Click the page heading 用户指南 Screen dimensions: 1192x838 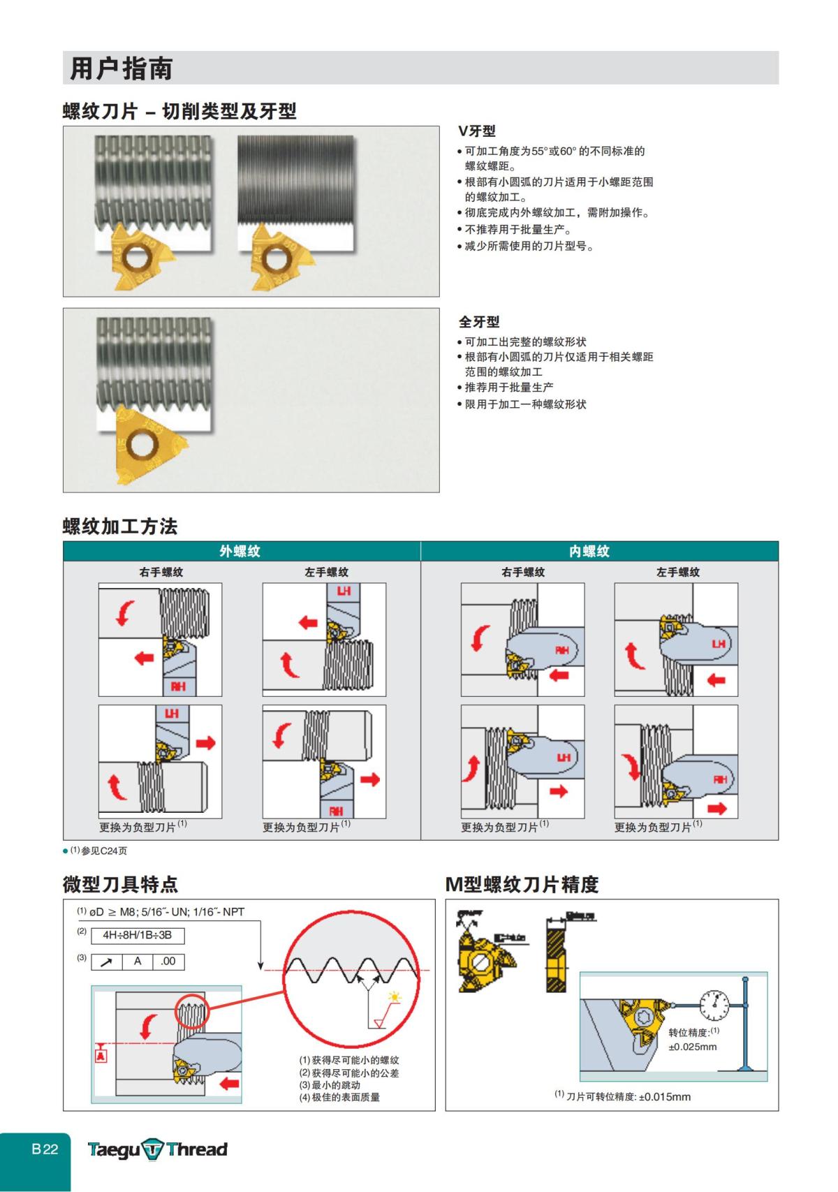point(122,68)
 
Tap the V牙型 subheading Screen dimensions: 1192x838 point(477,131)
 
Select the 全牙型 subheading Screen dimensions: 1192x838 point(479,322)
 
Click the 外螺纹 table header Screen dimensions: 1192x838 point(240,551)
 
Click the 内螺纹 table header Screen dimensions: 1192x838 point(589,551)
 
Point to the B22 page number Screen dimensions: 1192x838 point(45,1149)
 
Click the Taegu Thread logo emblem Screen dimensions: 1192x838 point(153,1149)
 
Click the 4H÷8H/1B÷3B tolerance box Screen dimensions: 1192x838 point(138,935)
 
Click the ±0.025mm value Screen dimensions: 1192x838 point(693,1047)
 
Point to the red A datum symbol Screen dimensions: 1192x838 point(101,1055)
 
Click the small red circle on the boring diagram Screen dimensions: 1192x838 point(191,1012)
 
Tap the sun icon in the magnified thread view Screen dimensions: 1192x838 point(395,997)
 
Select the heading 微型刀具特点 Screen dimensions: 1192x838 point(120,885)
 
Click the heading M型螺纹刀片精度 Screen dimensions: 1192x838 point(522,885)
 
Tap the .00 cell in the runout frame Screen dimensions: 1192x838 point(168,962)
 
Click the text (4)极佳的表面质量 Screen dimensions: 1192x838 point(340,1097)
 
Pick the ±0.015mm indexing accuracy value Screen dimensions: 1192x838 point(664,1097)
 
